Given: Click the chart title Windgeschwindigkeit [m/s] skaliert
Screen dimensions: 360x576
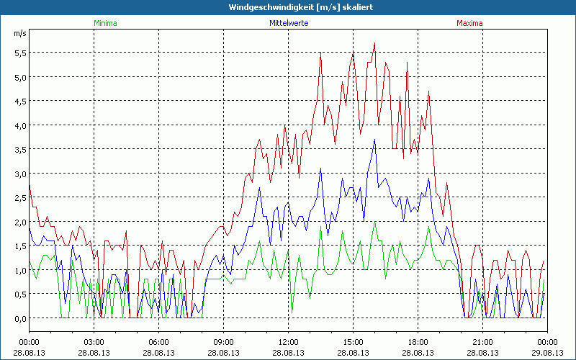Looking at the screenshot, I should click(288, 6).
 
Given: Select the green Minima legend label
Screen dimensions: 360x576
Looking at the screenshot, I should click(105, 23).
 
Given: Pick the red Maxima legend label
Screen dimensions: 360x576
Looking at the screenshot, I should click(470, 23).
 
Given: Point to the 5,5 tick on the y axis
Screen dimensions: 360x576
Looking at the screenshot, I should click(20, 53).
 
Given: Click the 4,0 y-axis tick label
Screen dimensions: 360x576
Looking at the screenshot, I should click(20, 125).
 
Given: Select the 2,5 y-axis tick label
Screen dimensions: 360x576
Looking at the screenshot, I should click(20, 198).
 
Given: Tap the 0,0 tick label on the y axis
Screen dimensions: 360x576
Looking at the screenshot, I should click(20, 318).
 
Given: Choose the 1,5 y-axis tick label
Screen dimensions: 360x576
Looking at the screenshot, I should click(20, 246).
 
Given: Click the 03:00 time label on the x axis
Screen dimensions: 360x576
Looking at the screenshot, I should click(94, 342).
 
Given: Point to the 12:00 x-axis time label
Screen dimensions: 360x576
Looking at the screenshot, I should click(288, 342).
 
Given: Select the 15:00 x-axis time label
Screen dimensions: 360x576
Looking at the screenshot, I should click(353, 342).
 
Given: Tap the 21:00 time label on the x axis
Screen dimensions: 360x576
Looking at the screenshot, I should click(482, 342).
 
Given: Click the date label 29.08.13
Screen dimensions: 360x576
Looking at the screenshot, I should click(546, 353).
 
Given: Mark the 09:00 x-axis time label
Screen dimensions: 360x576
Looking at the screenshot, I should click(223, 342).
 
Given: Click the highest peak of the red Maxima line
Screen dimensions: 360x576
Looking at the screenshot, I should click(375, 43).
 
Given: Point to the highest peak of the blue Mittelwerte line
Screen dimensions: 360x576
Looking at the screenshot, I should click(374, 140).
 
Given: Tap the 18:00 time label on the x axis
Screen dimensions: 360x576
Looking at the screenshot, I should click(418, 342).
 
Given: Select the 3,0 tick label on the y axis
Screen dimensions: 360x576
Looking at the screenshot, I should click(20, 174).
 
